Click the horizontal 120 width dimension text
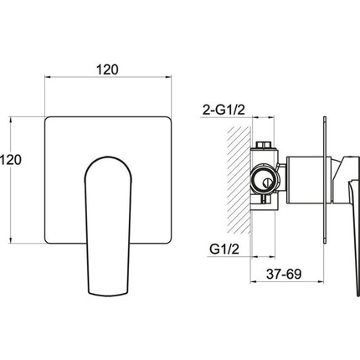(x=107, y=69)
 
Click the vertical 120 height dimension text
(x=11, y=160)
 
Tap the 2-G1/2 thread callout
(x=224, y=111)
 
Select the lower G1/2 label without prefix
(x=224, y=249)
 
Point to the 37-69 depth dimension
(x=284, y=274)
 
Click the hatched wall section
(x=239, y=179)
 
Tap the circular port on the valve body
(x=264, y=181)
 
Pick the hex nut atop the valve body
(x=264, y=146)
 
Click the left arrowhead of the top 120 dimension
(x=48, y=77)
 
